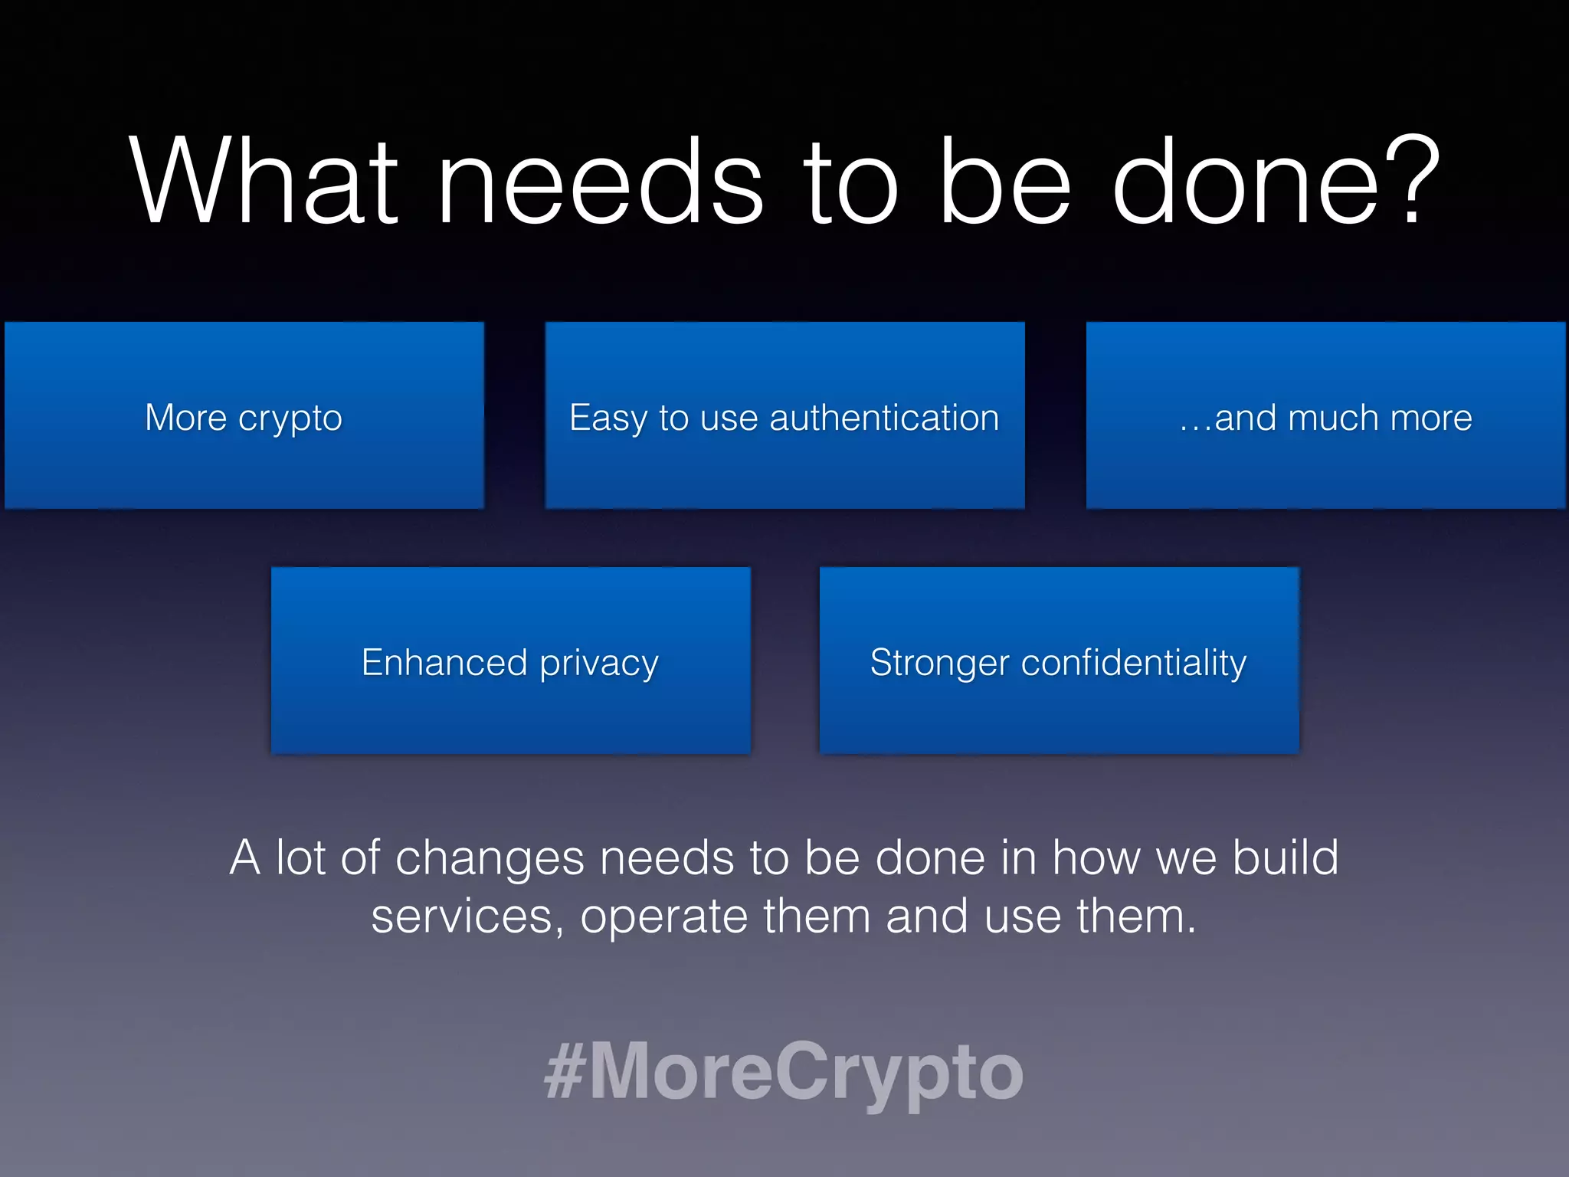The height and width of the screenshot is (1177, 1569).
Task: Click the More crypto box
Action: point(244,415)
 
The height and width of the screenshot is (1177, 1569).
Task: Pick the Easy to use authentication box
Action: point(784,415)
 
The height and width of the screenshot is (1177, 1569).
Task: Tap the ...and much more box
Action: point(1325,415)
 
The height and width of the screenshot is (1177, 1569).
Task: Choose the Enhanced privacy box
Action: point(510,661)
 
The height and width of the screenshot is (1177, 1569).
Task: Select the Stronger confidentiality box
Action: point(1059,661)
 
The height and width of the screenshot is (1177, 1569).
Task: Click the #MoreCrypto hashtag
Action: point(783,1071)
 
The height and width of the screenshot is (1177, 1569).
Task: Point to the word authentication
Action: point(884,418)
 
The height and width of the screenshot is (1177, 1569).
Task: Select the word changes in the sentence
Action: point(490,858)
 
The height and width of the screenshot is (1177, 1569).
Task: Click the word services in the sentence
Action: point(462,916)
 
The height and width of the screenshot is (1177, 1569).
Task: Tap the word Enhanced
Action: point(444,662)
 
